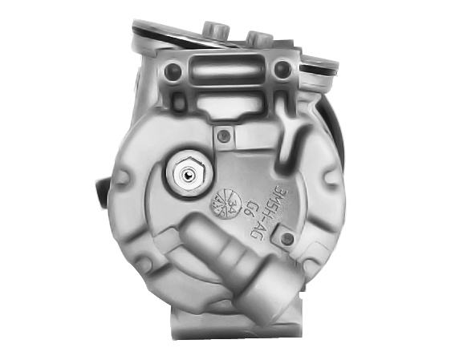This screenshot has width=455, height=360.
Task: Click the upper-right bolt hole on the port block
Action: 280,70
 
